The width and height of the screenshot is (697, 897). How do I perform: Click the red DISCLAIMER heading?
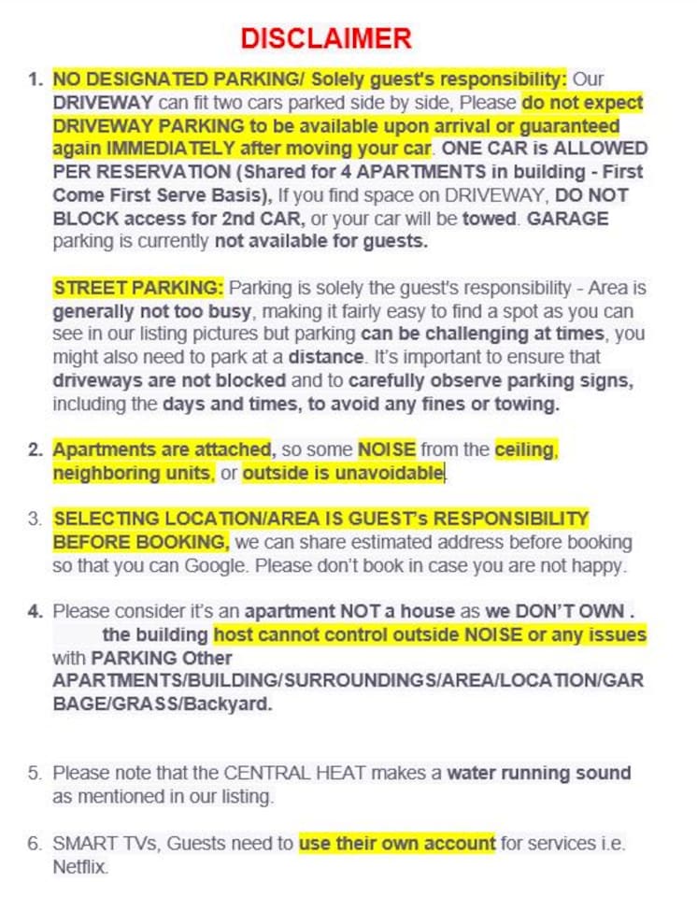(325, 38)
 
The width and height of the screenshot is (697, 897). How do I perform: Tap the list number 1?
(35, 79)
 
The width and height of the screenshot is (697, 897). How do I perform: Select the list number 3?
(35, 519)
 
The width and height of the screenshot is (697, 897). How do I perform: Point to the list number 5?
(35, 774)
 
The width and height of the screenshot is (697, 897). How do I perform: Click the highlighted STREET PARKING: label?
(138, 287)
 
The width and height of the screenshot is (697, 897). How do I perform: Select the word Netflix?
(80, 867)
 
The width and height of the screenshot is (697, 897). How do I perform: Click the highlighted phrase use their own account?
(396, 844)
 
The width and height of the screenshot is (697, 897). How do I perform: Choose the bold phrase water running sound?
(539, 774)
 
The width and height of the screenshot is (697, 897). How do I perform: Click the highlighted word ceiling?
(526, 449)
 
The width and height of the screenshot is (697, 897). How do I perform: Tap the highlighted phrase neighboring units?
(132, 474)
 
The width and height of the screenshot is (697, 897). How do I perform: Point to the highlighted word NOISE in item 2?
(387, 449)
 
